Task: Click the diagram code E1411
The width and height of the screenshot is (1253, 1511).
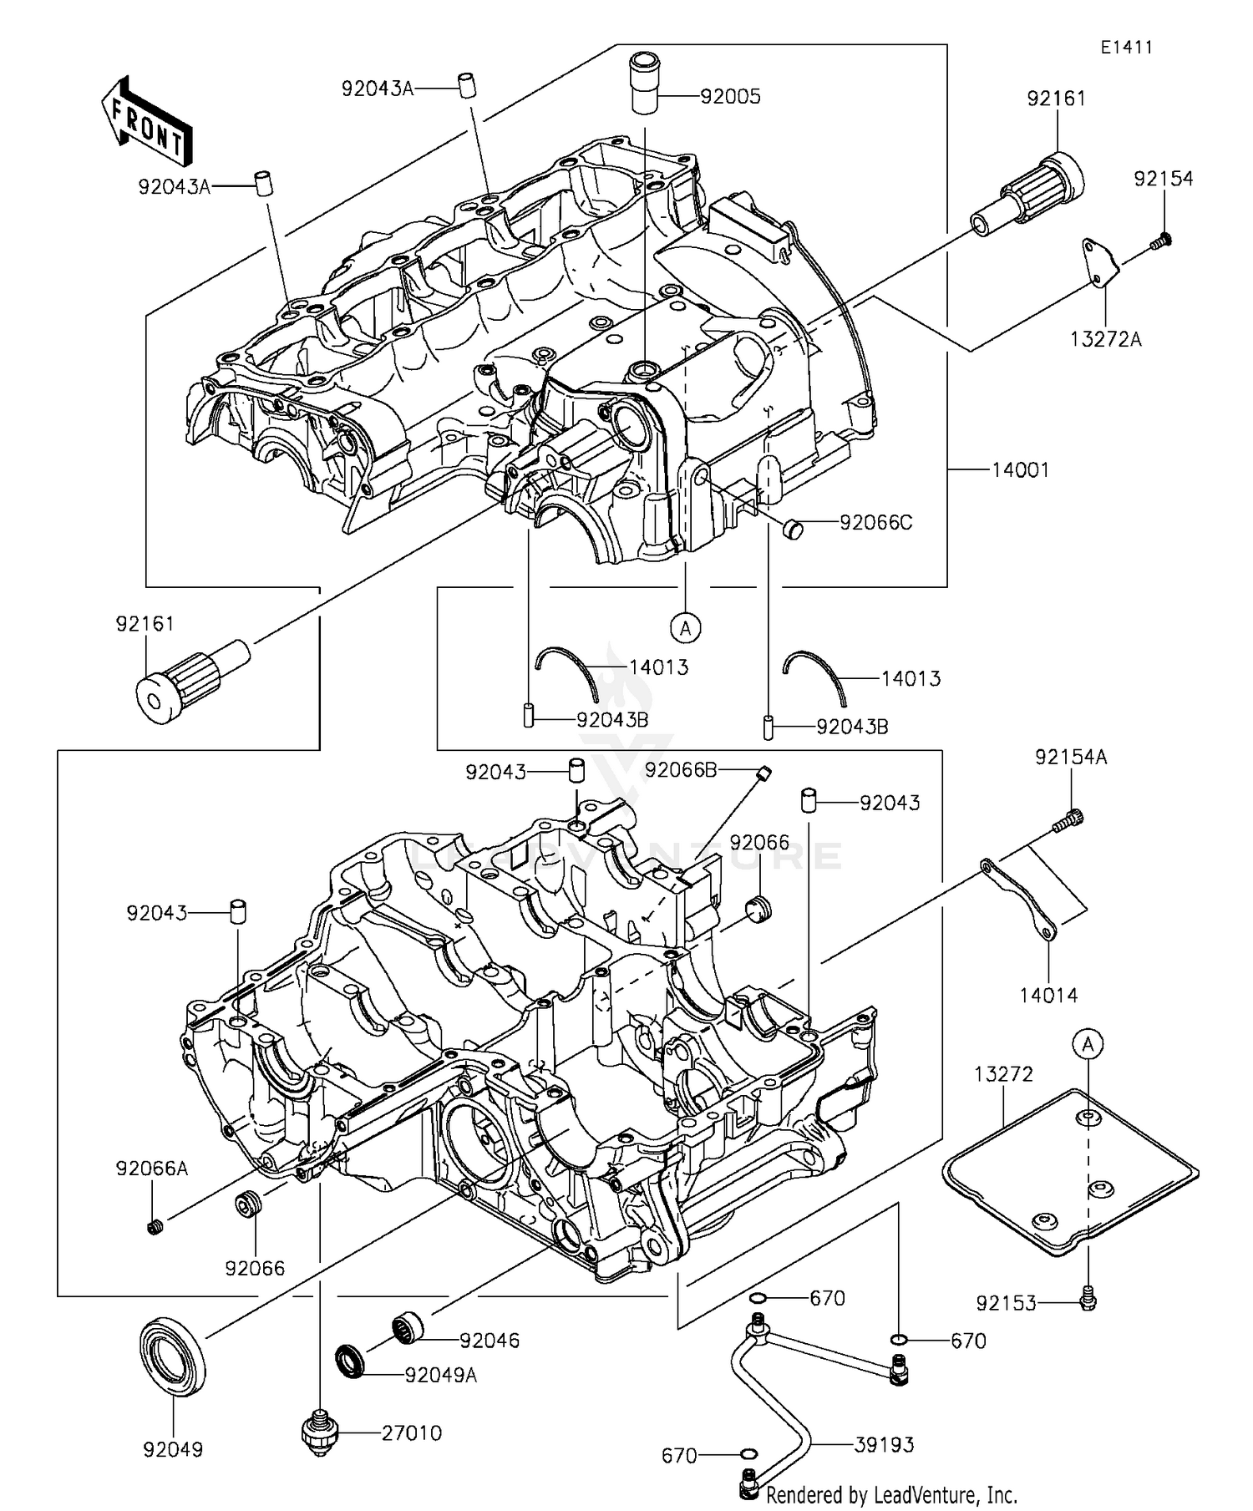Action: (1125, 48)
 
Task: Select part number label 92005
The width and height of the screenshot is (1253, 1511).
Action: (730, 97)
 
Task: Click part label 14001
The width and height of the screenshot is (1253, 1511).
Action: (1020, 470)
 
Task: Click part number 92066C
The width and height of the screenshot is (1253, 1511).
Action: (875, 523)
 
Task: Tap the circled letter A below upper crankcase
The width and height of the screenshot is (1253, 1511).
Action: (686, 627)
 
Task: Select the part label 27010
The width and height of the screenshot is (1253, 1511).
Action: (412, 1433)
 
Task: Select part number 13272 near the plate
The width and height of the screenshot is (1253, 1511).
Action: (1003, 1074)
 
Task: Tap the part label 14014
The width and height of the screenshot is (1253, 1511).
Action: (1048, 996)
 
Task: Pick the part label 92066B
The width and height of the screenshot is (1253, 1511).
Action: (681, 770)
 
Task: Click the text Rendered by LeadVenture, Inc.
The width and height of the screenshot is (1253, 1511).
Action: (891, 1493)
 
